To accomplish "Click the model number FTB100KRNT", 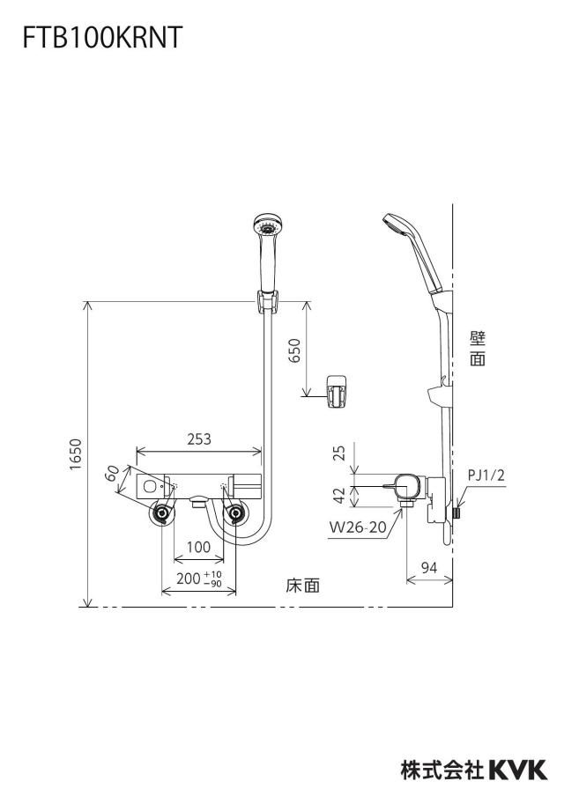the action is point(102,38).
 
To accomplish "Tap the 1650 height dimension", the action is point(76,454).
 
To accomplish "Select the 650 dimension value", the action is point(294,350).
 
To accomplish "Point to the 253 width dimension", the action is point(198,439).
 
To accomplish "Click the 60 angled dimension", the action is point(112,472).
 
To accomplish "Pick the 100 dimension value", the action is point(198,547).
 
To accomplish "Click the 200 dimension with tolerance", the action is point(199,579).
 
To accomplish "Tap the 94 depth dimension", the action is point(429,567).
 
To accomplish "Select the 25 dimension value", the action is point(340,452).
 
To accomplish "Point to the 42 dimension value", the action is point(340,495).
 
